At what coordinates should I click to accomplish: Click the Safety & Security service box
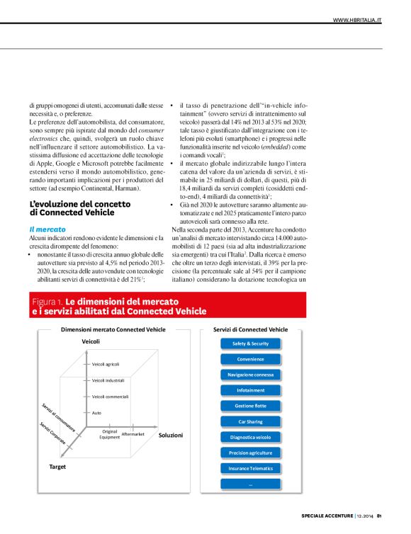click(x=250, y=343)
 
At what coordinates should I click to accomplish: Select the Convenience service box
click(x=250, y=359)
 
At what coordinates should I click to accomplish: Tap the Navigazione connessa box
click(x=250, y=375)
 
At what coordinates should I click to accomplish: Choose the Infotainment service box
click(x=250, y=390)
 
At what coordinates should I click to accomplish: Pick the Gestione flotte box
click(x=250, y=406)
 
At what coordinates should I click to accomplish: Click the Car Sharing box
click(x=250, y=421)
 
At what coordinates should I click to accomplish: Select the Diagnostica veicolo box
click(x=250, y=437)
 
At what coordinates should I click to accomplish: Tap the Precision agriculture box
click(x=250, y=453)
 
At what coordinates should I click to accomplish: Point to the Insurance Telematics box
click(x=250, y=468)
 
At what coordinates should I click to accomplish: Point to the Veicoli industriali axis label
click(x=108, y=380)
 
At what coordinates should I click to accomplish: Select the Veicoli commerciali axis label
click(x=110, y=397)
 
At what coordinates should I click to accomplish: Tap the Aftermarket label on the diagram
click(x=133, y=433)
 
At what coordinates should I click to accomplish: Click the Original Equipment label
click(x=110, y=434)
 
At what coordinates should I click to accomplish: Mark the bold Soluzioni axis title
click(x=170, y=435)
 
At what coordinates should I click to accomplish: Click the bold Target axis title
click(x=57, y=468)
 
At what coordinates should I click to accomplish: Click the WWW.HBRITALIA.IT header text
click(x=357, y=21)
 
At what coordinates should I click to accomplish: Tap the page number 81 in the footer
click(x=379, y=515)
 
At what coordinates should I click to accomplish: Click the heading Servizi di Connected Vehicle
click(x=250, y=329)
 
